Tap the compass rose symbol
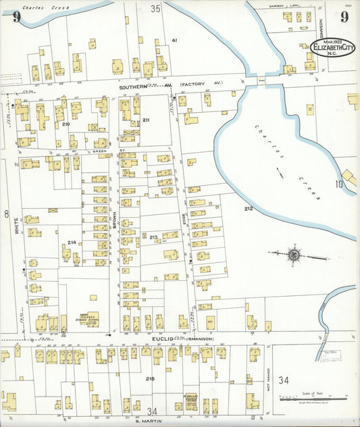click(294, 255)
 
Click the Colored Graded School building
click(88, 318)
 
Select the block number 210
click(66, 125)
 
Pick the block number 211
click(146, 120)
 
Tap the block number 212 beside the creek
click(249, 209)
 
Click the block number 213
click(153, 237)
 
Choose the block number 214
click(72, 242)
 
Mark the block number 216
click(149, 379)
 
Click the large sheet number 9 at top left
click(16, 16)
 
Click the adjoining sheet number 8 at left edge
click(6, 214)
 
